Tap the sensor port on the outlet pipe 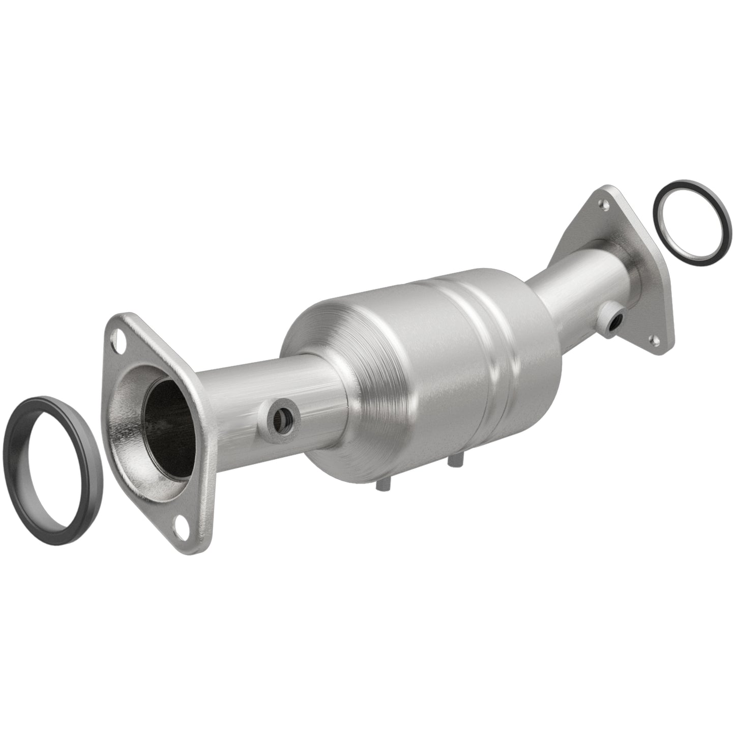[614, 321]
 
